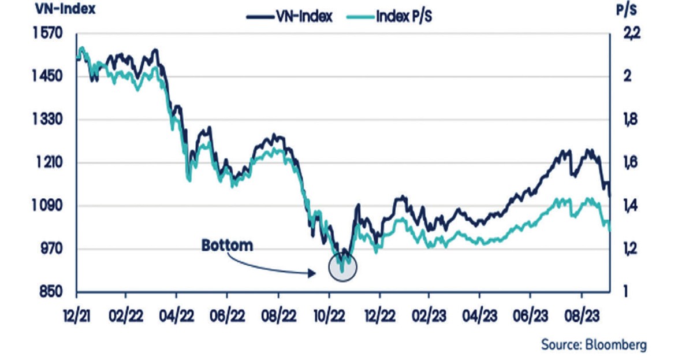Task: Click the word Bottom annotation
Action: pos(227,245)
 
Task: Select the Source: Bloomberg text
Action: pos(593,345)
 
